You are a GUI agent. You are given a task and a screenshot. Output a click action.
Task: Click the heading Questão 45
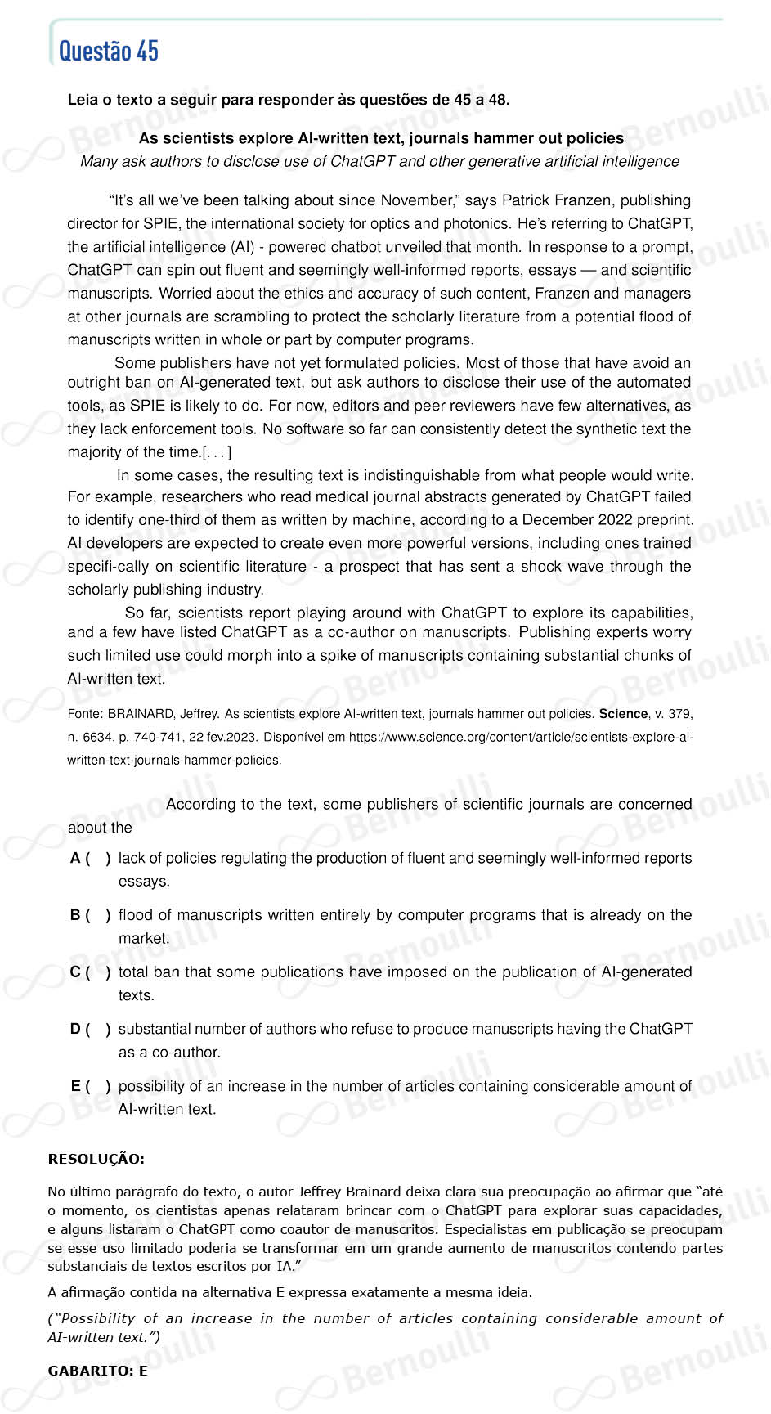coord(109,51)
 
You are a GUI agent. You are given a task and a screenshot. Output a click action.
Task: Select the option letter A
coord(75,858)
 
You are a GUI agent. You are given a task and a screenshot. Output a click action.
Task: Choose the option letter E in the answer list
coord(76,1086)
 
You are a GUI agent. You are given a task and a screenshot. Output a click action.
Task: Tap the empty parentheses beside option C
coord(97,972)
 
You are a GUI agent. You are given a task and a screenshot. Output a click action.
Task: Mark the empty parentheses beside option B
coord(97,915)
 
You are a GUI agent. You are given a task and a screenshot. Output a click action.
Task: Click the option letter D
coord(75,1029)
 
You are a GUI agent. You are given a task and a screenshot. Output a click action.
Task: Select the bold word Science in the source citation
coord(623,714)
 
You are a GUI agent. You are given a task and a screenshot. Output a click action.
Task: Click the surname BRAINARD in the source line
coord(139,714)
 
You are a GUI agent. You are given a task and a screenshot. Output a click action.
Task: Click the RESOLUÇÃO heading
coord(96,1159)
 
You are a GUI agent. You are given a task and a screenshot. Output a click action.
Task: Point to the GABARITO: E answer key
coord(97,1371)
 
